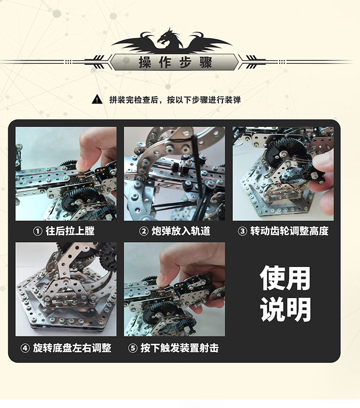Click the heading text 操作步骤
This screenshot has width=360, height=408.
(x=175, y=62)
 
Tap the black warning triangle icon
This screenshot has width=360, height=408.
(x=97, y=100)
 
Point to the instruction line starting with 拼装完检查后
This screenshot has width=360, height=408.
(x=175, y=100)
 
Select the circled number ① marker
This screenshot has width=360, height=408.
(x=37, y=231)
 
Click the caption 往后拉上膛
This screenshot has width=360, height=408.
(x=70, y=231)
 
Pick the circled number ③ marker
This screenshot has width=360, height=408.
(x=243, y=231)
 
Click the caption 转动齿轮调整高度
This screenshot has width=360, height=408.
(x=289, y=231)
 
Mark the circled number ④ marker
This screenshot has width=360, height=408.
(x=25, y=348)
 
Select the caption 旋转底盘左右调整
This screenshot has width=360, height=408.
(x=72, y=348)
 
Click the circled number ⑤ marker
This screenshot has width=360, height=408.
(x=133, y=348)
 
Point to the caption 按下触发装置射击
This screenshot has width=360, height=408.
(x=180, y=348)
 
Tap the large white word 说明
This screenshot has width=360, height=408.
(x=286, y=310)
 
